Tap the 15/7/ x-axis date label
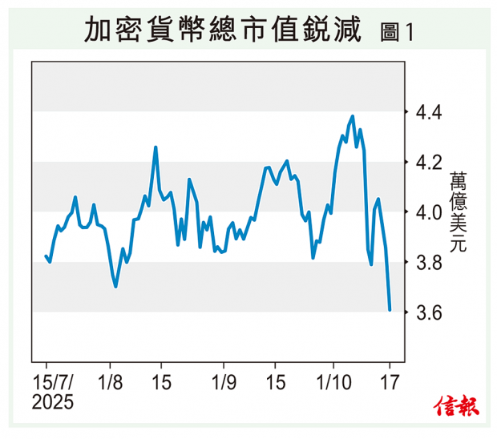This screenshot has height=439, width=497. [53, 381]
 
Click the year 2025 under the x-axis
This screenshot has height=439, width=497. [53, 401]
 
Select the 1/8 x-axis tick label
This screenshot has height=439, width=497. [111, 381]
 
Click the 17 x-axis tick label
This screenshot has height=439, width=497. [390, 381]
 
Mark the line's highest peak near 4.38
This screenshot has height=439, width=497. [353, 116]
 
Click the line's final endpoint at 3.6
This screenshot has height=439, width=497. [390, 309]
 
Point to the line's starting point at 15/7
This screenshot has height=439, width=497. [46, 256]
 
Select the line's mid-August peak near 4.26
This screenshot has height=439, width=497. [156, 147]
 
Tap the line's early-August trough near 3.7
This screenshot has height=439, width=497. [116, 286]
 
